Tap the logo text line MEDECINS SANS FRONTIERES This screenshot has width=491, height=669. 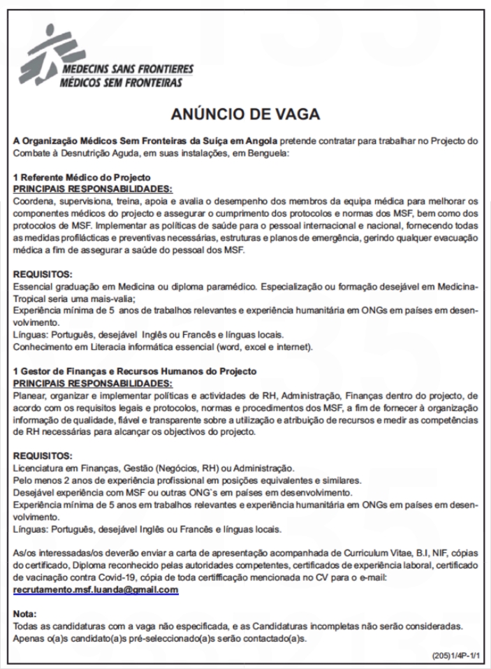127,71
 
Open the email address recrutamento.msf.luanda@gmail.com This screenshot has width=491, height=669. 96,590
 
